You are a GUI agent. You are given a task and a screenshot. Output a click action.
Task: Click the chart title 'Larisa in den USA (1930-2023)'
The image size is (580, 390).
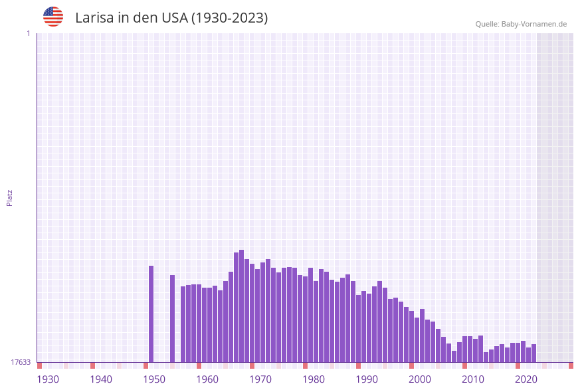[171, 18]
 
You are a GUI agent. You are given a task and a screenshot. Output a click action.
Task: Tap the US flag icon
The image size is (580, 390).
[53, 17]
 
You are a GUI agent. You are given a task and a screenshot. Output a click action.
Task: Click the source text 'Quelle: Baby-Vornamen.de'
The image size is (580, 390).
[521, 24]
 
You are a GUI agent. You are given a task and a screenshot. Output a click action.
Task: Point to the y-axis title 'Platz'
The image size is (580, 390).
[10, 197]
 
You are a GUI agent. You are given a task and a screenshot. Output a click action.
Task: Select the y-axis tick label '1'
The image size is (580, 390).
[28, 33]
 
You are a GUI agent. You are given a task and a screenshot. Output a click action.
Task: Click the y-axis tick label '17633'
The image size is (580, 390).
[21, 362]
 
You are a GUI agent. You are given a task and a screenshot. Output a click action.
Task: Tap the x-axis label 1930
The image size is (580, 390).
[48, 379]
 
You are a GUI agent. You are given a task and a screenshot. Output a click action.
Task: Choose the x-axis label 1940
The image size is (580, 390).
[101, 379]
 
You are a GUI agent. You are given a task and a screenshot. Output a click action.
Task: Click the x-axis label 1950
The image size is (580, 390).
[154, 379]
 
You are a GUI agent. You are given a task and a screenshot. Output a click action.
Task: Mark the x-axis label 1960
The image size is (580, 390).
[207, 379]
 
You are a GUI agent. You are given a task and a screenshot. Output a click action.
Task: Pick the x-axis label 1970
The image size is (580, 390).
[260, 379]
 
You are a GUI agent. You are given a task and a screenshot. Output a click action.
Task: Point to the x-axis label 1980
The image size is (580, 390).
[314, 379]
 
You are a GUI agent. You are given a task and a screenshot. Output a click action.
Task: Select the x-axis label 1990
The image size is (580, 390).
[367, 379]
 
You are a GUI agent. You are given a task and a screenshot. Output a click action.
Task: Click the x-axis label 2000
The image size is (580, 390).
[420, 379]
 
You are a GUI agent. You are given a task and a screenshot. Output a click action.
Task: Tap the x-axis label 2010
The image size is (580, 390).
[473, 379]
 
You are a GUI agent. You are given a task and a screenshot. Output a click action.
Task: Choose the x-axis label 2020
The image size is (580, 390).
[526, 379]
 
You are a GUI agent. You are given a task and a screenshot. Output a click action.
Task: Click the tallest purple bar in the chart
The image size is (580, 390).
[242, 306]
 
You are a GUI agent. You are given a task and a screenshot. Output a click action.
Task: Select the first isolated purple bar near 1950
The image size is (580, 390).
[151, 314]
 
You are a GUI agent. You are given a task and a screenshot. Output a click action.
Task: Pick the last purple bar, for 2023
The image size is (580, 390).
[534, 353]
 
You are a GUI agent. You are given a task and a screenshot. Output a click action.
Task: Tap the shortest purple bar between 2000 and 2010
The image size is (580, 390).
[454, 356]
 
